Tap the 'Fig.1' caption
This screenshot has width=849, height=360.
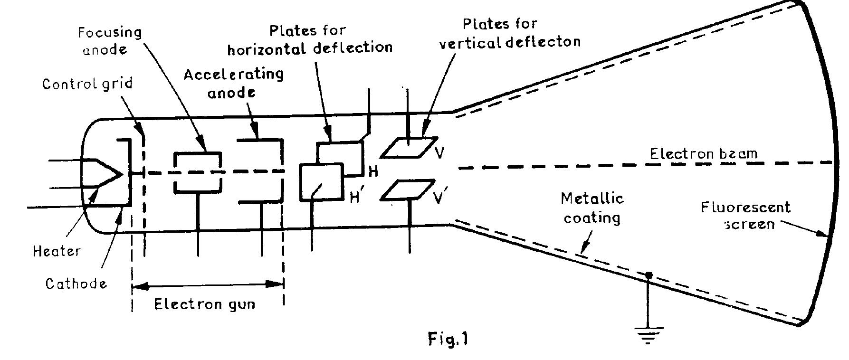[x=448, y=339]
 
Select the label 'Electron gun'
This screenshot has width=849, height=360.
[x=204, y=304]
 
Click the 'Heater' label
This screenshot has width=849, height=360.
[x=57, y=251]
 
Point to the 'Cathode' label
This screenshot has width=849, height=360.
[x=76, y=284]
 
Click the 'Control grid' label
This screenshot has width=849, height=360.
[x=87, y=84]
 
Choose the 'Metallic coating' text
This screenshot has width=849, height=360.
[x=592, y=208]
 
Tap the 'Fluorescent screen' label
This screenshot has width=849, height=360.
[x=745, y=215]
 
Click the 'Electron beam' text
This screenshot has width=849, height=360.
[x=703, y=153]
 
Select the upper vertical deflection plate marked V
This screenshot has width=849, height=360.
[x=409, y=147]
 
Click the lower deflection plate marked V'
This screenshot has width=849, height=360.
[x=409, y=189]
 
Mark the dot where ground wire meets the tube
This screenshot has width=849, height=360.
[x=648, y=275]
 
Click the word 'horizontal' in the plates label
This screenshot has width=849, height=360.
[x=267, y=48]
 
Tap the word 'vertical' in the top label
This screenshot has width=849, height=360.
[x=470, y=43]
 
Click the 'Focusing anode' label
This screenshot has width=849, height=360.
[x=109, y=41]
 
